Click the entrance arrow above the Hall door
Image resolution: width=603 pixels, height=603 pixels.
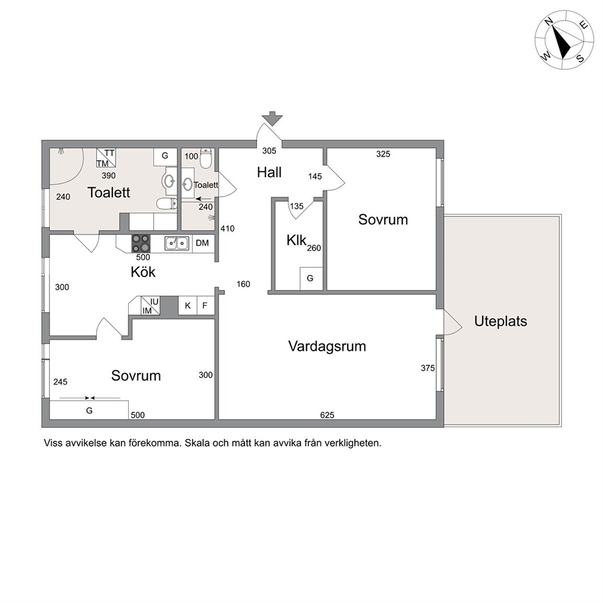click(272, 119)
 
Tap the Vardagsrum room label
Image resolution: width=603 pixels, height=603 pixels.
click(327, 346)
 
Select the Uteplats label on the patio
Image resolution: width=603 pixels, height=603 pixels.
click(500, 321)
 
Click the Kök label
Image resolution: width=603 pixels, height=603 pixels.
click(143, 272)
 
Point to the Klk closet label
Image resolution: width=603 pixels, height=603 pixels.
click(296, 240)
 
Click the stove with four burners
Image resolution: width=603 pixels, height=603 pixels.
click(141, 243)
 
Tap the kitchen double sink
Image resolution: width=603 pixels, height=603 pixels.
click(176, 243)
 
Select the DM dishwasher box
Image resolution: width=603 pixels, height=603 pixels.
click(203, 243)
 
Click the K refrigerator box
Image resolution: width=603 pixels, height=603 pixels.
click(188, 306)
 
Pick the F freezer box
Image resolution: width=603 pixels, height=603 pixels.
click(205, 306)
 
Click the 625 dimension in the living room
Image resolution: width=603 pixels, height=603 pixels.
click(327, 415)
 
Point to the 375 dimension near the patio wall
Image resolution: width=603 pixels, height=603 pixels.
click(428, 368)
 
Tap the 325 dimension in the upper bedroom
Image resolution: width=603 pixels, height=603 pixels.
click(383, 154)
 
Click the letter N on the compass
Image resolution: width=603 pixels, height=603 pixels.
click(549, 22)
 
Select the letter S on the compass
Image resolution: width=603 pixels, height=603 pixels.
click(581, 59)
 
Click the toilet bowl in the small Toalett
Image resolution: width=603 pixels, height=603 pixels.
click(206, 159)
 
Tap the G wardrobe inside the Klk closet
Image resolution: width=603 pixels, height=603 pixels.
click(311, 278)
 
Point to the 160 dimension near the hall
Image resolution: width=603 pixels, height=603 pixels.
click(243, 284)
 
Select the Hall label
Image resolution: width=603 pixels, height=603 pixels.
click(269, 172)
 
